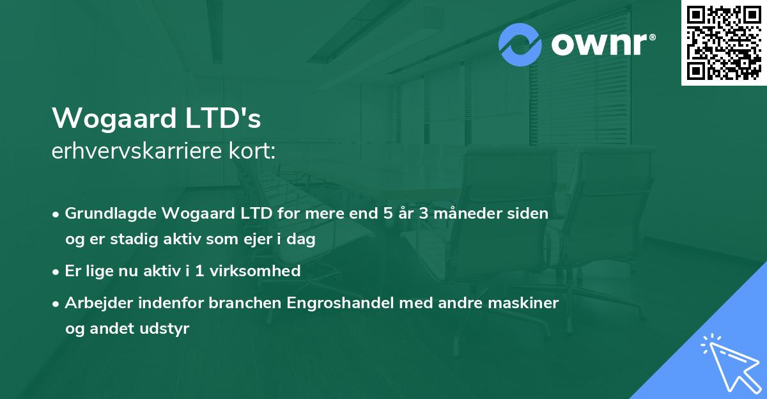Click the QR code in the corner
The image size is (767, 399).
point(724,42)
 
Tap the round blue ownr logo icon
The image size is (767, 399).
point(520,45)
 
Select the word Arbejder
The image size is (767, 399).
point(94,303)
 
